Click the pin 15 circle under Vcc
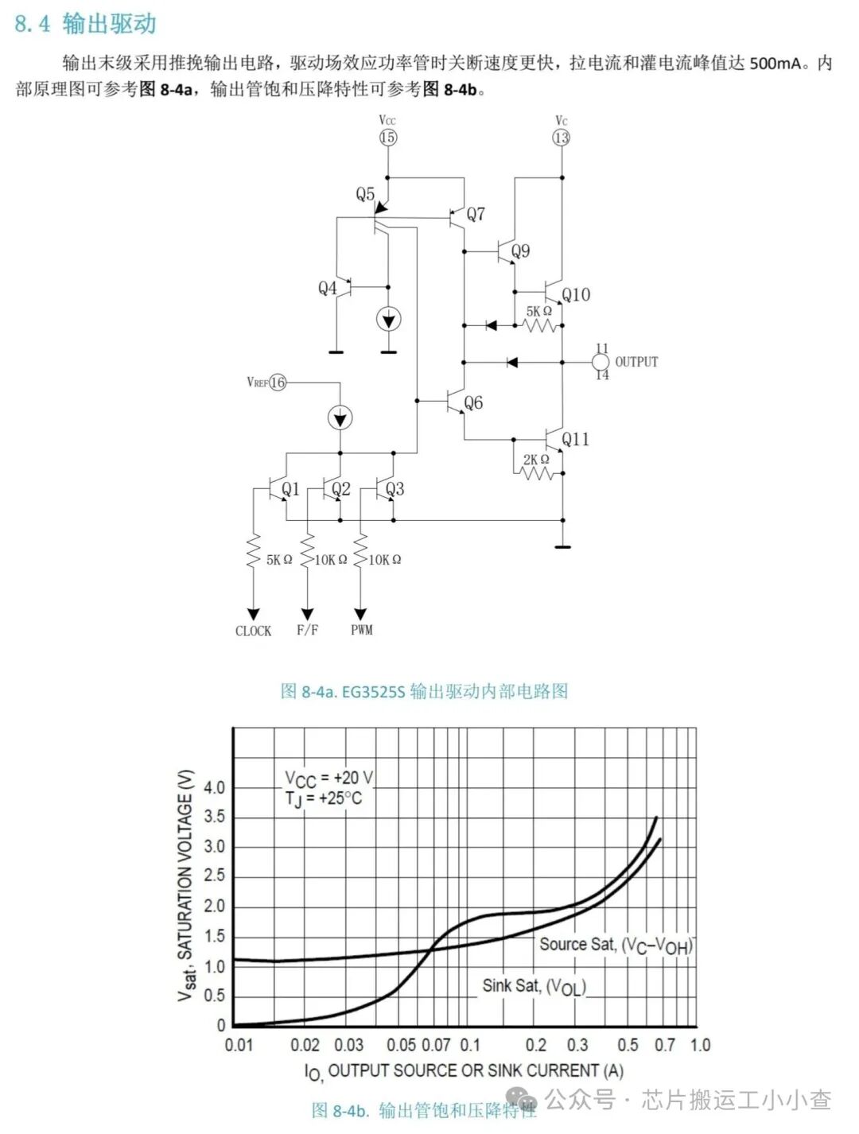(x=387, y=138)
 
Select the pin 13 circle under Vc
(x=562, y=138)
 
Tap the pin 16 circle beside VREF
(x=278, y=383)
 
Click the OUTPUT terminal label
(x=636, y=362)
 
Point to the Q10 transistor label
(x=576, y=295)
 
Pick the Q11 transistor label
(x=576, y=439)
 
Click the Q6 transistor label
(x=473, y=403)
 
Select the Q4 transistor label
(x=328, y=288)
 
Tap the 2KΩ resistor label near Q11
(x=536, y=460)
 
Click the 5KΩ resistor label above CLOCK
(x=278, y=560)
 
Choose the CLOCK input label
(x=253, y=631)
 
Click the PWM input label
(x=362, y=630)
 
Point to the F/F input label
(x=307, y=630)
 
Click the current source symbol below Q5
(x=388, y=320)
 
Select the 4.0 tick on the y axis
(x=214, y=787)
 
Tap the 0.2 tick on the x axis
(x=536, y=1045)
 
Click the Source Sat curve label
(x=616, y=945)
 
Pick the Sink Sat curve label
(x=534, y=986)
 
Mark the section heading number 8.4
(x=32, y=24)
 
